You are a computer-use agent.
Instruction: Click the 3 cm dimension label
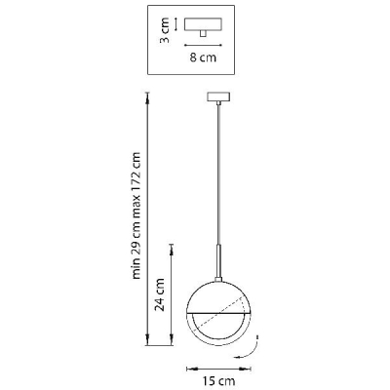(165, 31)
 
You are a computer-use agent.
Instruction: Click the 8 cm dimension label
(203, 58)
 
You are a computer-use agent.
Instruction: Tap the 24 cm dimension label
(159, 294)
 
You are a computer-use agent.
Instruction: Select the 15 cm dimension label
(218, 380)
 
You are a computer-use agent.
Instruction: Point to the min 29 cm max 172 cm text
(136, 215)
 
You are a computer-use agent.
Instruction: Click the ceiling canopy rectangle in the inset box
(204, 24)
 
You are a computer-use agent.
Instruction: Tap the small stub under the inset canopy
(203, 34)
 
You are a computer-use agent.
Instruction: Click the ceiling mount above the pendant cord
(218, 97)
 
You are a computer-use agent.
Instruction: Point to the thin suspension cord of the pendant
(218, 175)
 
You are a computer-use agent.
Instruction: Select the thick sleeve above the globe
(218, 261)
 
